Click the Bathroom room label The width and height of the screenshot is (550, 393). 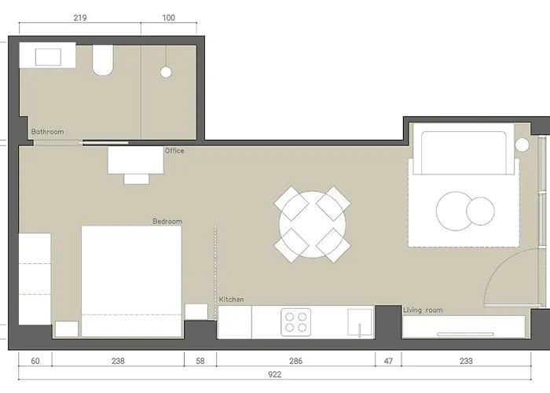tap(48, 132)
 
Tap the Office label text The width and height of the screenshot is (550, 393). tap(174, 151)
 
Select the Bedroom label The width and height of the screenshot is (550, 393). tap(167, 222)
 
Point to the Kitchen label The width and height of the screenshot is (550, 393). tap(231, 299)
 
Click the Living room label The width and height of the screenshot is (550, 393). tap(423, 310)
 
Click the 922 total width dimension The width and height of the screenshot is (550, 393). tap(275, 374)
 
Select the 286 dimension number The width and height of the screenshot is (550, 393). tap(295, 361)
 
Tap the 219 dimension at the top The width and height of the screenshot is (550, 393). tap(80, 17)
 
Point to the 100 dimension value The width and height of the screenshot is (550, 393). tap(169, 17)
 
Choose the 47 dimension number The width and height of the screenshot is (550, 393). tap(388, 361)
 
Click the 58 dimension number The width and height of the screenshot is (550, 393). tap(200, 361)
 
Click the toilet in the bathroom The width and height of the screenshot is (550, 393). tap(103, 60)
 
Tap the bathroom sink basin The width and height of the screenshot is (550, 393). tap(48, 57)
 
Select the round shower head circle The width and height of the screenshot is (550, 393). tap(166, 72)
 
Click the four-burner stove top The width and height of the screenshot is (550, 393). tap(295, 322)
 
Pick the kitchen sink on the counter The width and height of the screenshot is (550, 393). tap(360, 322)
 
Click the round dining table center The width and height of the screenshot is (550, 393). tap(313, 225)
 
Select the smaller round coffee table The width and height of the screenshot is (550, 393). tap(481, 211)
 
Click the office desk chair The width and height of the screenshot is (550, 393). tap(137, 179)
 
